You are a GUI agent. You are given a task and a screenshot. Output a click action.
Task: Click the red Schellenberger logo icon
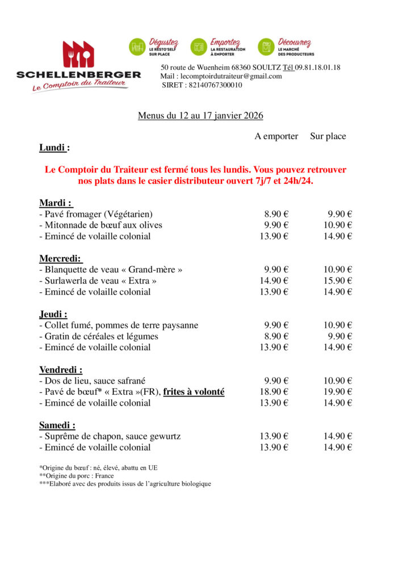pyautogui.click(x=78, y=54)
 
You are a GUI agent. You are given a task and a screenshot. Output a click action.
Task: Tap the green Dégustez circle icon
pyautogui.click(x=137, y=47)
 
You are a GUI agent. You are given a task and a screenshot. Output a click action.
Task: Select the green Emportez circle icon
pyautogui.click(x=199, y=47)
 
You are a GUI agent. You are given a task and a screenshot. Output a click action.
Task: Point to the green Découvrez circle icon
pyautogui.click(x=266, y=47)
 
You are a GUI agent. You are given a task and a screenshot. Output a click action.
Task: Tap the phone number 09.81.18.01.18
pyautogui.click(x=317, y=67)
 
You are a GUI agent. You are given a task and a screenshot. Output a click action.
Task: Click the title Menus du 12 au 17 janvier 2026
pyautogui.click(x=200, y=116)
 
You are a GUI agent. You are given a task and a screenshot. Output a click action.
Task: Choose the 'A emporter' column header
pyautogui.click(x=276, y=136)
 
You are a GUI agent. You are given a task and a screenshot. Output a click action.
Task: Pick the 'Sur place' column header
pyautogui.click(x=328, y=136)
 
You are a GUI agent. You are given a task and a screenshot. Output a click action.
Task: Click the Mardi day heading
pyautogui.click(x=56, y=203)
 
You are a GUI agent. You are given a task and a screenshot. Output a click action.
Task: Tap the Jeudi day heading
pyautogui.click(x=53, y=314)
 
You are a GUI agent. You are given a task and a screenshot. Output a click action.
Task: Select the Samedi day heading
pyautogui.click(x=57, y=425)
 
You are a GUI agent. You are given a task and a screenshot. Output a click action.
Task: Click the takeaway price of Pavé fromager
pyautogui.click(x=276, y=214)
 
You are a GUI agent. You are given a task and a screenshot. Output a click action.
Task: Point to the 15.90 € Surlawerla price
pyautogui.click(x=338, y=281)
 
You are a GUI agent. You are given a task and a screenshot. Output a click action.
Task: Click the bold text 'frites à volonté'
pyautogui.click(x=194, y=392)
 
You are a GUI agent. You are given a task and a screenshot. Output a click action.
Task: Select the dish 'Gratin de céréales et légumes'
pyautogui.click(x=99, y=336)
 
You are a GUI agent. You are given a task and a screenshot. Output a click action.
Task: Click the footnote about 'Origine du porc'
pyautogui.click(x=77, y=475)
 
